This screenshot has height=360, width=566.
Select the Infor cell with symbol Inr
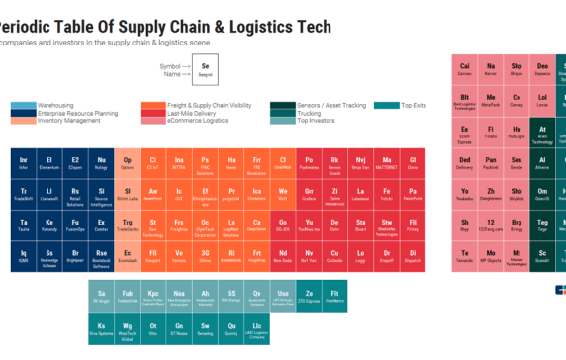(x=23, y=163)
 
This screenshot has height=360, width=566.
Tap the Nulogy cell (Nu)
(x=100, y=163)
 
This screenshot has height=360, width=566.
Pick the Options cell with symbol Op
(x=126, y=163)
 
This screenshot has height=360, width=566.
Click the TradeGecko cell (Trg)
(x=126, y=226)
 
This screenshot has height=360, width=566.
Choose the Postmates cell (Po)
(x=308, y=163)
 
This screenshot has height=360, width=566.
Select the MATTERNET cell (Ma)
(x=386, y=163)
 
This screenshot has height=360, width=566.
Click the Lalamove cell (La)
(x=360, y=195)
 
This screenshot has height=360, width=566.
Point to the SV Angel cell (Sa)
(x=100, y=296)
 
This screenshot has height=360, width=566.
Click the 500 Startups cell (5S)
(x=231, y=296)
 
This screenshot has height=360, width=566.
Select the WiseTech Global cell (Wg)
(x=126, y=327)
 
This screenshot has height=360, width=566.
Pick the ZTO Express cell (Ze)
(x=308, y=296)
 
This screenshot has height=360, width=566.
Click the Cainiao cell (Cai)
(x=465, y=69)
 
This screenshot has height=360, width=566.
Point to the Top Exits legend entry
(x=414, y=105)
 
